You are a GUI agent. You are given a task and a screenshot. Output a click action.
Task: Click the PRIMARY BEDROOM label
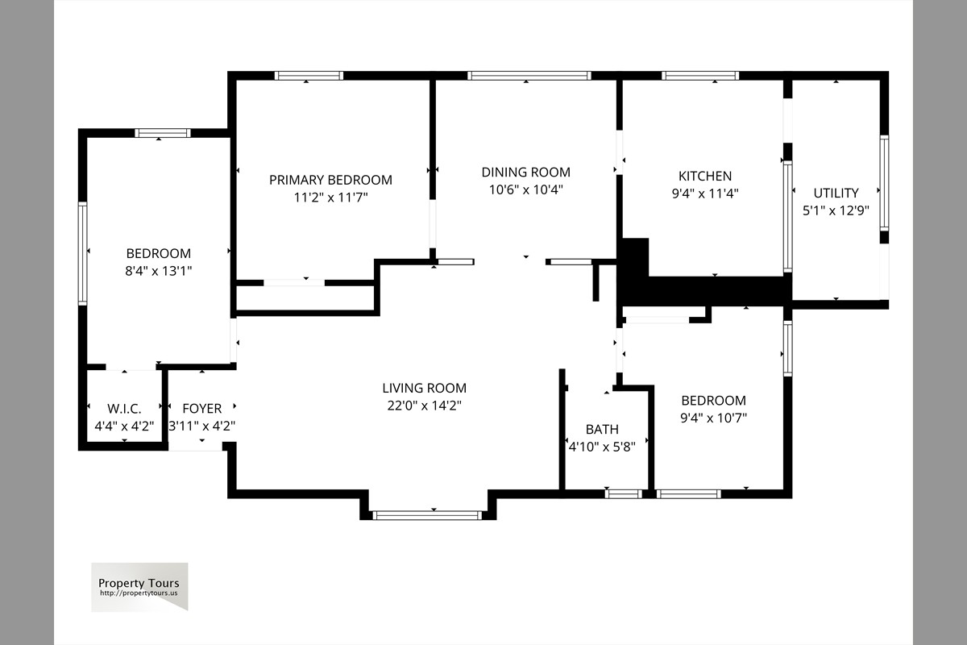pyautogui.click(x=330, y=180)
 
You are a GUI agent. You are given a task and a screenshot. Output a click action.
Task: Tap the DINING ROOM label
pyautogui.click(x=525, y=172)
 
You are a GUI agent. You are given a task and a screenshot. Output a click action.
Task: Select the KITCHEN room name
pyautogui.click(x=705, y=176)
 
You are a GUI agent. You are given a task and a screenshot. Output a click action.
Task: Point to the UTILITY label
pyautogui.click(x=836, y=193)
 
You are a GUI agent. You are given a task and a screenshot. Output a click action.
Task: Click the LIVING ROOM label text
pyautogui.click(x=425, y=388)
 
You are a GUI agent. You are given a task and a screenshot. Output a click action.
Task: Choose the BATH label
pyautogui.click(x=602, y=429)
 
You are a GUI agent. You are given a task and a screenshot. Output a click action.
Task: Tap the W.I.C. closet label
pyautogui.click(x=124, y=408)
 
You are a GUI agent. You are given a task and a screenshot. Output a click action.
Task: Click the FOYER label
pyautogui.click(x=202, y=408)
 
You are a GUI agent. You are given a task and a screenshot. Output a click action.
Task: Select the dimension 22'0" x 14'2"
pyautogui.click(x=425, y=406)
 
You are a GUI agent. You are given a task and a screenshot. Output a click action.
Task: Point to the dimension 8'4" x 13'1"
pyautogui.click(x=159, y=271)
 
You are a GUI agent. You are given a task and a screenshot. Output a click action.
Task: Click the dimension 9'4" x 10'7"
pyautogui.click(x=714, y=418)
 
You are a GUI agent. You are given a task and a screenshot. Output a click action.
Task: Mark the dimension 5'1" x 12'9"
pyautogui.click(x=836, y=210)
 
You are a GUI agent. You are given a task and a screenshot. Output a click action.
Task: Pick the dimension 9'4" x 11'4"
pyautogui.click(x=705, y=193)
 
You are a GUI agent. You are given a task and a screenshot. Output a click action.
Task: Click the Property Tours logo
pyautogui.click(x=139, y=587)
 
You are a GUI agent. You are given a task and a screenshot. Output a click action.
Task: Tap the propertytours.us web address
pyautogui.click(x=139, y=593)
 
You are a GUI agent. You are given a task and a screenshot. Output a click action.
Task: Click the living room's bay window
pyautogui.click(x=427, y=515)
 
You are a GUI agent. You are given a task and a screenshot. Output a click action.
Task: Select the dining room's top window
pyautogui.click(x=529, y=76)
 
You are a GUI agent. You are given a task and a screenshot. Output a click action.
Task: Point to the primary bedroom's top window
pyautogui.click(x=309, y=76)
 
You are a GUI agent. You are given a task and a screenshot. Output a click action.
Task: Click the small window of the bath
pyautogui.click(x=624, y=493)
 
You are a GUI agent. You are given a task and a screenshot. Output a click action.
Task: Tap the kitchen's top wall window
pyautogui.click(x=700, y=76)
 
